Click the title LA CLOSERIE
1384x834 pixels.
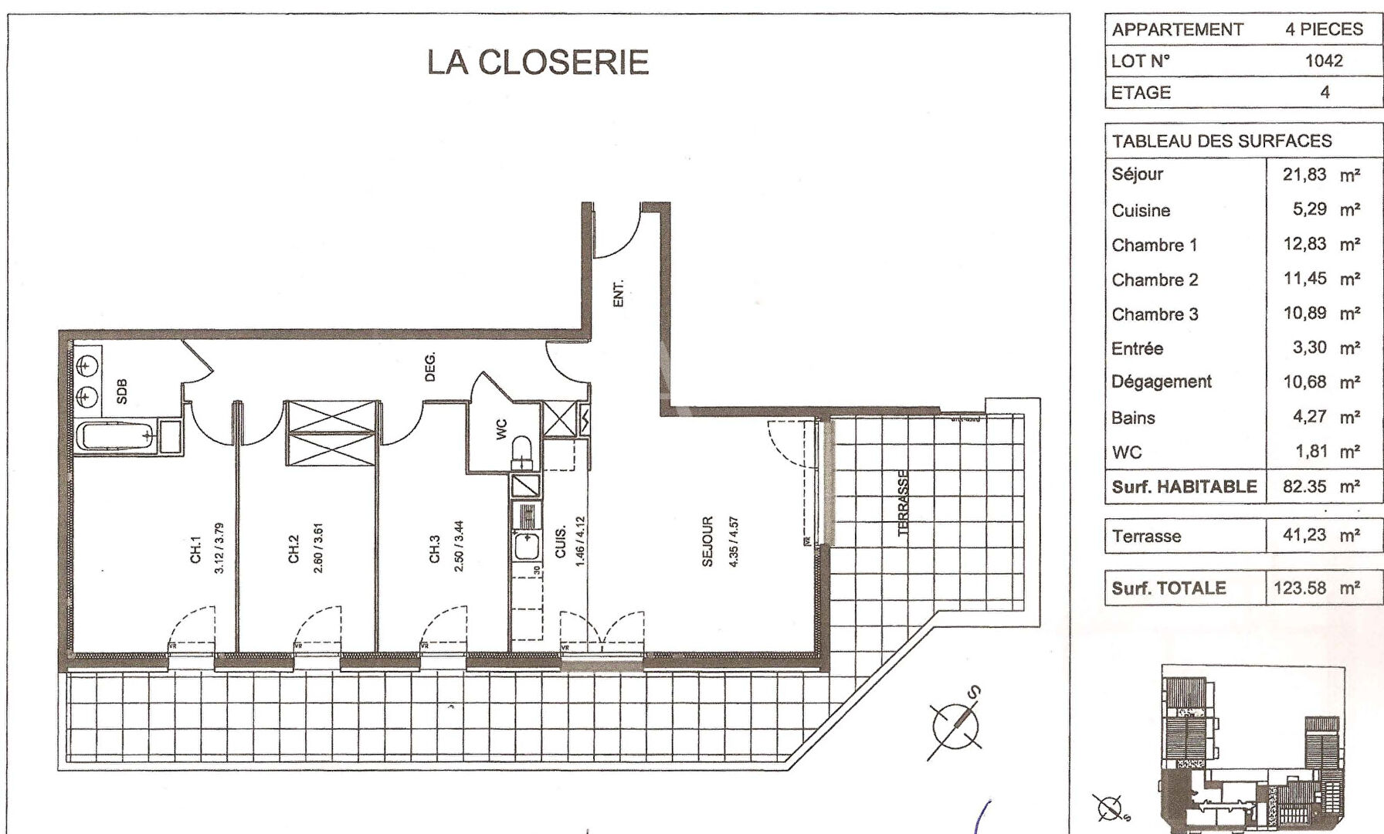pos(538,63)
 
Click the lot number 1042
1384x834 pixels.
pos(1324,61)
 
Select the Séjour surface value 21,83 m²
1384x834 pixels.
pos(1321,175)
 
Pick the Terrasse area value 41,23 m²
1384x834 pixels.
pos(1321,535)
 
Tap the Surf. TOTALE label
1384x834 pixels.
pos(1169,588)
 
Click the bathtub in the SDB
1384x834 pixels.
pos(117,437)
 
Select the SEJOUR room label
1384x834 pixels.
pos(707,541)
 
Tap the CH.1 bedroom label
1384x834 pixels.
pos(195,549)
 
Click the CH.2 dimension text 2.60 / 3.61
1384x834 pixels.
pos(318,548)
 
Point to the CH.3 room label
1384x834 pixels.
pos(435,549)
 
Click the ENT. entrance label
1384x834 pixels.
pos(618,293)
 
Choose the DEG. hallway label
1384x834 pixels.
pos(430,367)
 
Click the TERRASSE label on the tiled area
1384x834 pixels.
pos(904,503)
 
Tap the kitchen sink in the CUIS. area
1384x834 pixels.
pos(527,544)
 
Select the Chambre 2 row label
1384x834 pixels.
pos(1155,280)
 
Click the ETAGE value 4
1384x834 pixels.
pos(1325,93)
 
